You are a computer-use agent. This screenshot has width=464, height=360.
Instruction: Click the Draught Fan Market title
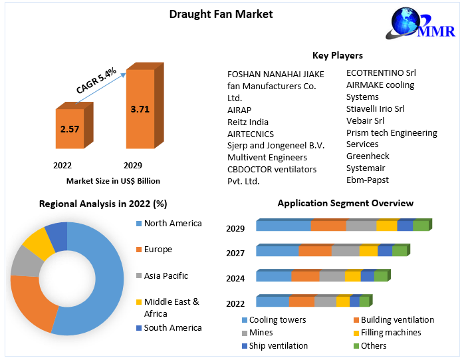(x=211, y=13)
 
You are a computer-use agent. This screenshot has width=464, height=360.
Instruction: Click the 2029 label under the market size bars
(x=133, y=165)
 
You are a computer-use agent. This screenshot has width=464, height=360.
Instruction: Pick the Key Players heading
(x=338, y=55)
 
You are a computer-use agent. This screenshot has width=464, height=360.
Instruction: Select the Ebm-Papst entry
(x=368, y=180)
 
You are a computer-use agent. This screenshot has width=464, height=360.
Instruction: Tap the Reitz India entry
(x=248, y=122)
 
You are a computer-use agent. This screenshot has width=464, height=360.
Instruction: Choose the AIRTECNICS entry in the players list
(x=251, y=134)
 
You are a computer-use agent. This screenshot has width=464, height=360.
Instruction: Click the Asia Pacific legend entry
(x=166, y=275)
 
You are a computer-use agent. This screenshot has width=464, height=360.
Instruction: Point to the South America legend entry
(x=172, y=327)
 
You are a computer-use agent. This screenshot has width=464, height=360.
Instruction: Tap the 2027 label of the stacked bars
(x=235, y=254)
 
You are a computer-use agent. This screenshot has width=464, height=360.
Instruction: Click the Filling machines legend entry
(x=390, y=333)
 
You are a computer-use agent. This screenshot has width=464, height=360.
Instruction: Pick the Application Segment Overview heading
(x=345, y=203)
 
